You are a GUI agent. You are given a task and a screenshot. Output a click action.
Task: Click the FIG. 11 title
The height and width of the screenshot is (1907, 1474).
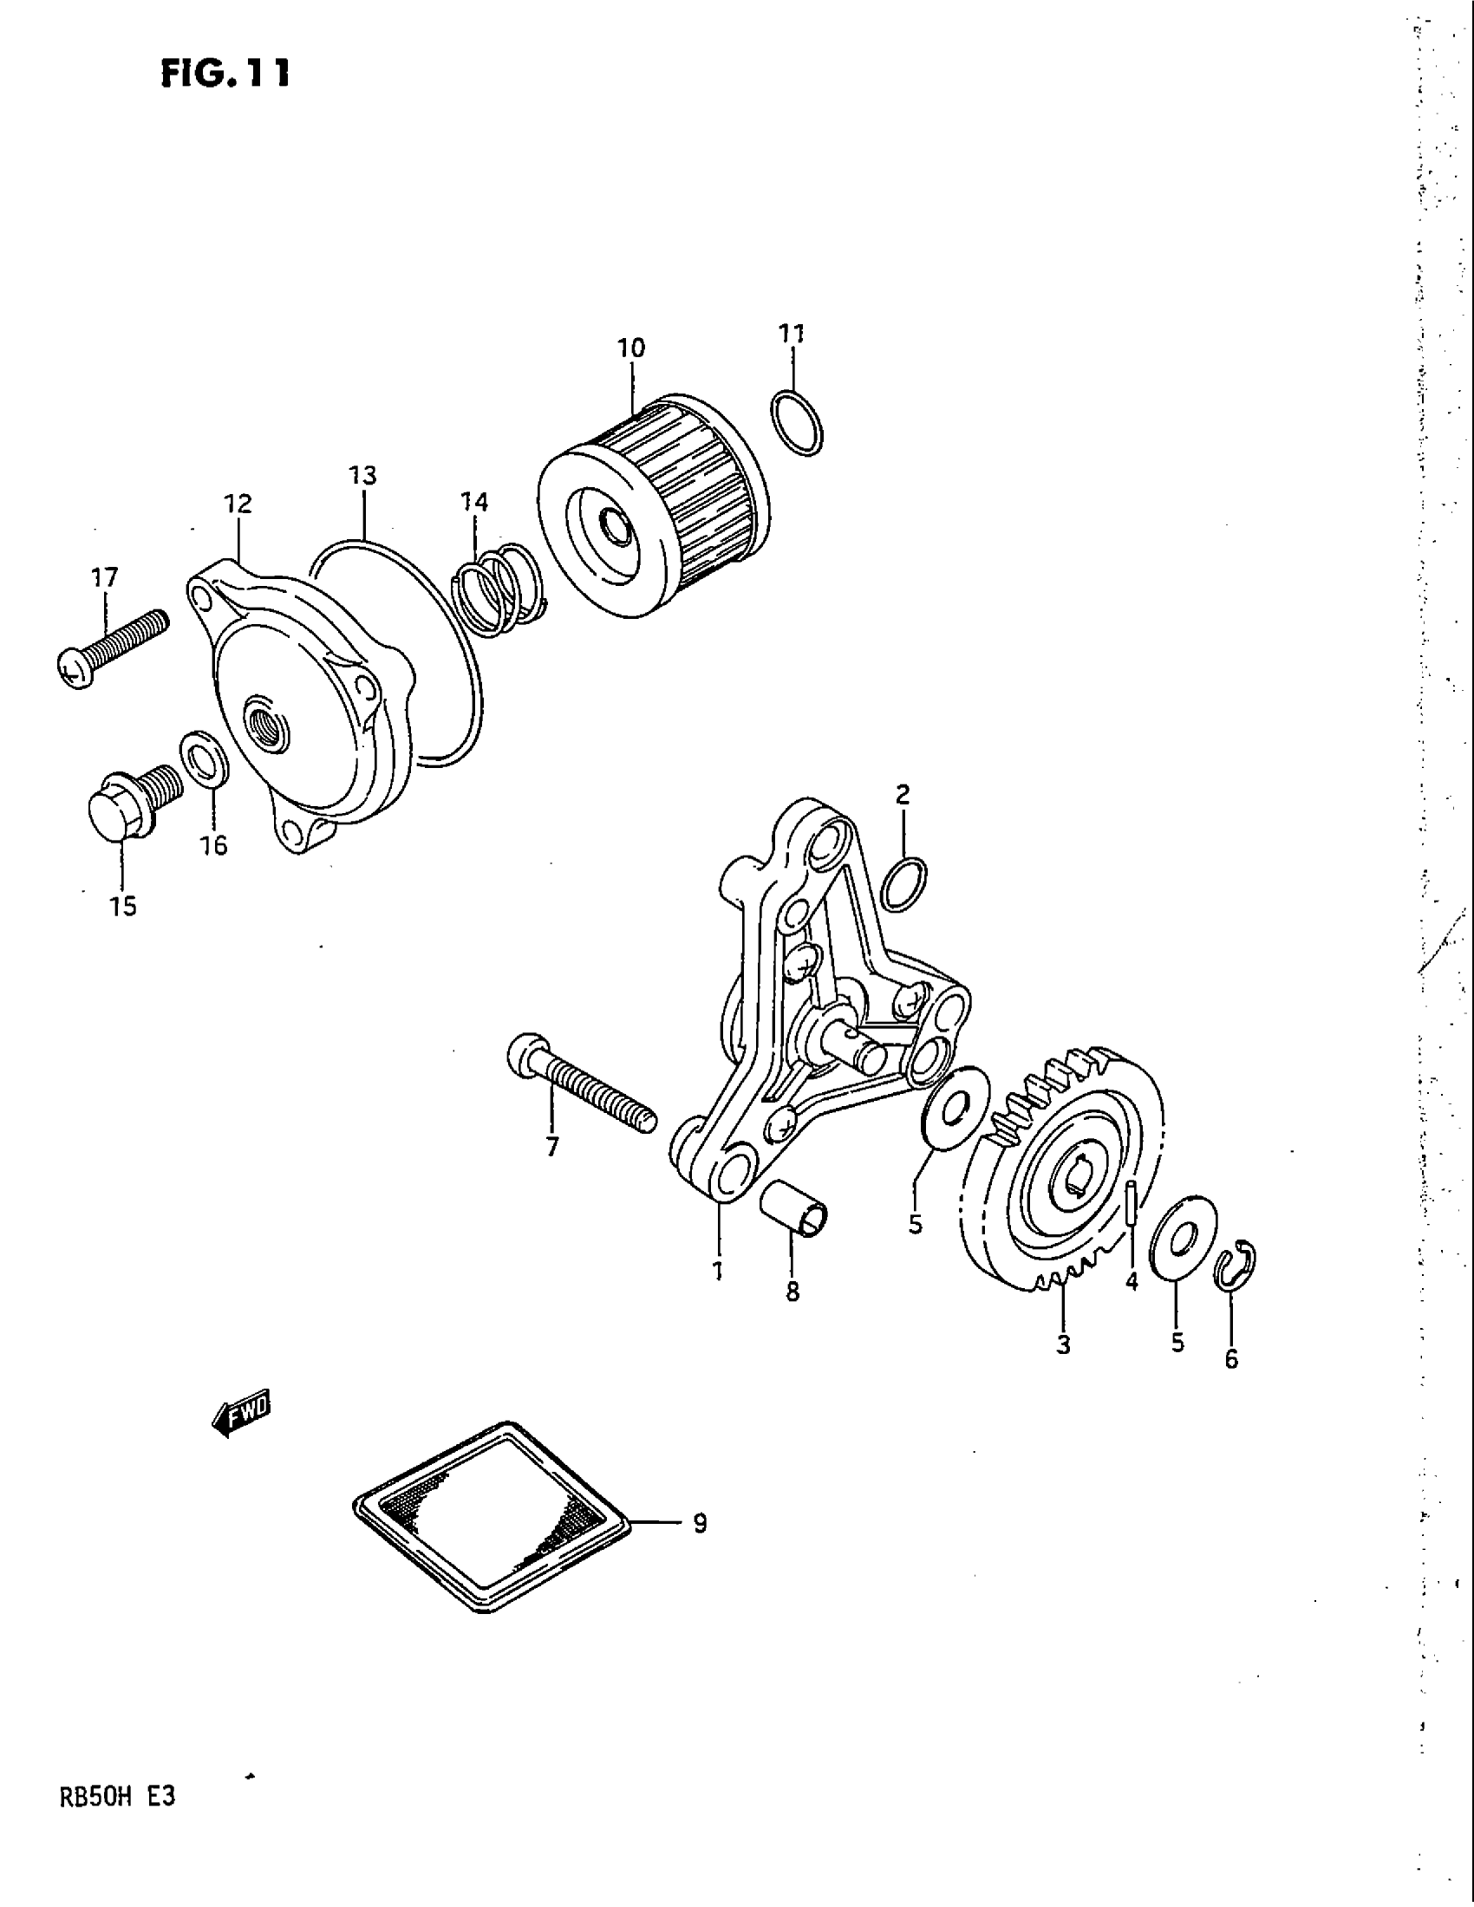click(225, 74)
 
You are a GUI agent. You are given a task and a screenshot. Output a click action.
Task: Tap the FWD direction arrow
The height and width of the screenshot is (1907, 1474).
click(242, 1413)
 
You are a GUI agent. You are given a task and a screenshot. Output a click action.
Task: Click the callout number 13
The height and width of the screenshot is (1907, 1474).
click(362, 476)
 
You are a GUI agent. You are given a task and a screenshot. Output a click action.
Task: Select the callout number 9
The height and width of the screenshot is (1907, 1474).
click(699, 1523)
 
